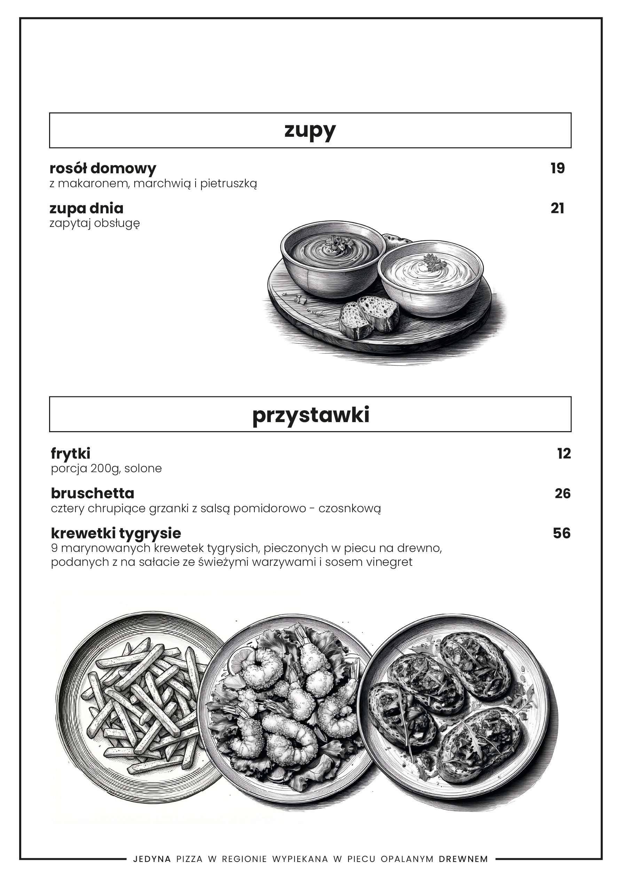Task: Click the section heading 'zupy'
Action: (x=310, y=130)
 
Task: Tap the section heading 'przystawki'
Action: (x=310, y=414)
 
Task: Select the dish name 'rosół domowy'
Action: (x=103, y=168)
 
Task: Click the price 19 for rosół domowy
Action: (x=558, y=168)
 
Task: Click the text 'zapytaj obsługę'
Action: (x=95, y=223)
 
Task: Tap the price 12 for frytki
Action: (x=564, y=454)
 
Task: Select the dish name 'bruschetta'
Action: (x=93, y=493)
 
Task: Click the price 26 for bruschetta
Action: (x=562, y=493)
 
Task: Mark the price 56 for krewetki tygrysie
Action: (x=561, y=533)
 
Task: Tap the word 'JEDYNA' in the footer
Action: (x=152, y=859)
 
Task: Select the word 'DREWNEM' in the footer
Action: (x=463, y=859)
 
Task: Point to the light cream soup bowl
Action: (x=430, y=278)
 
